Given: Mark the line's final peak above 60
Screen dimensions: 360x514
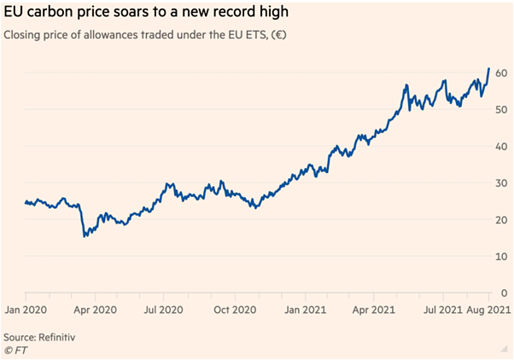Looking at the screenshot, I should tap(488, 68).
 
